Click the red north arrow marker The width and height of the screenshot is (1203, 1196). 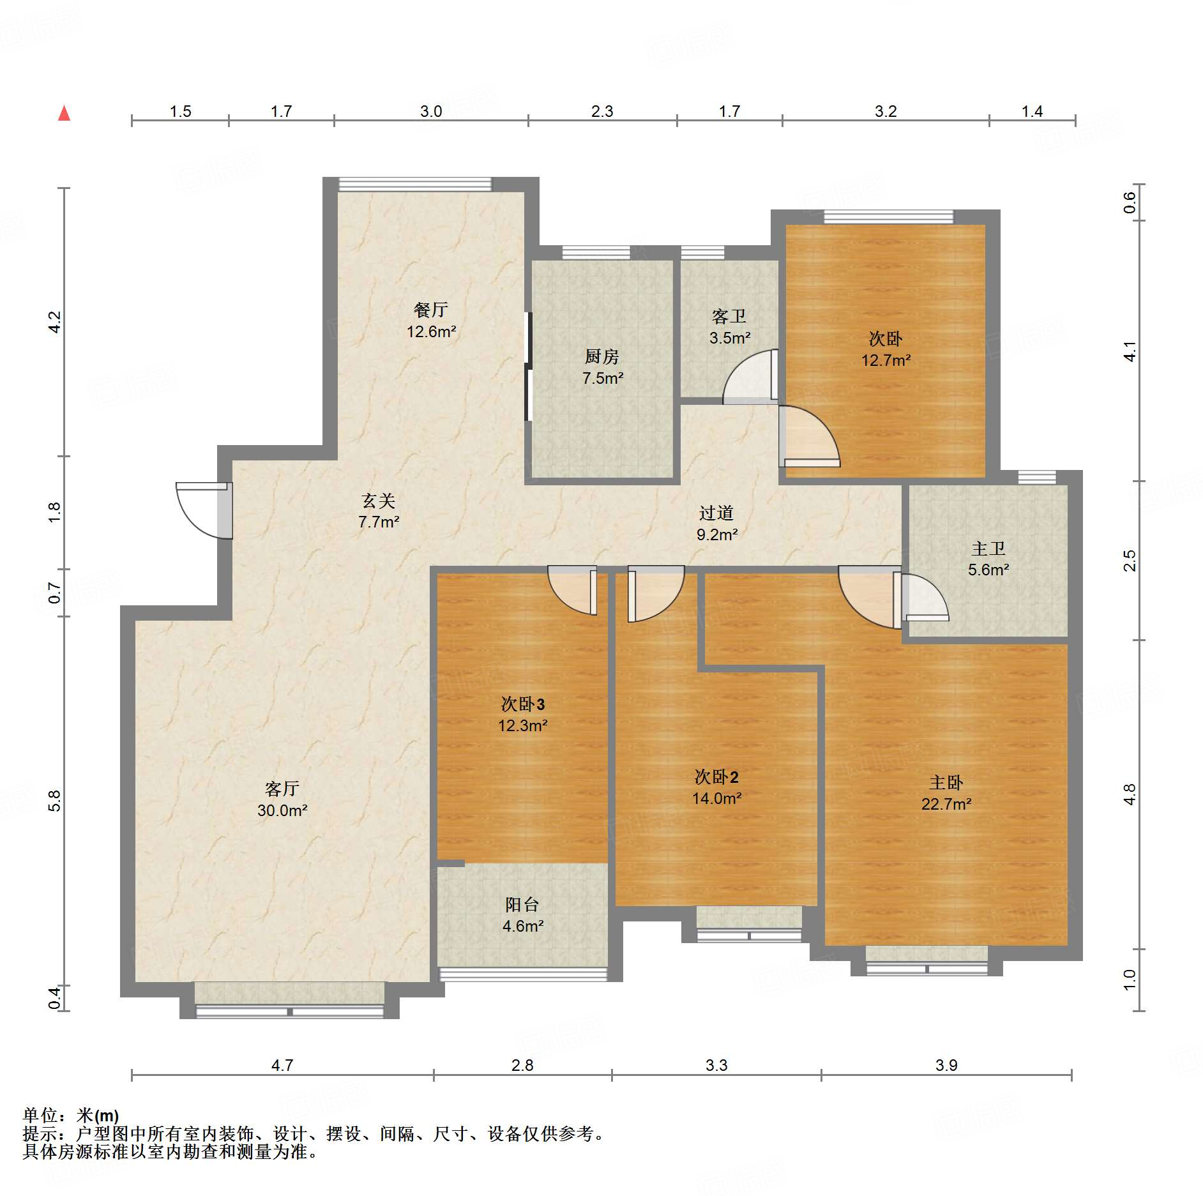(x=64, y=113)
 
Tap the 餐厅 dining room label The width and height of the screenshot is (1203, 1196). (x=431, y=310)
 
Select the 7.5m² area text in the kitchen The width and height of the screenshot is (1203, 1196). (x=603, y=378)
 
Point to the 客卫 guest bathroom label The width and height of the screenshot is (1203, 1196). (x=729, y=317)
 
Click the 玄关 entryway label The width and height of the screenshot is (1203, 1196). (x=379, y=501)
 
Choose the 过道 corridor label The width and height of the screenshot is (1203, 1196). (x=716, y=513)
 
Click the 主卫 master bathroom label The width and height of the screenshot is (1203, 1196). (x=988, y=549)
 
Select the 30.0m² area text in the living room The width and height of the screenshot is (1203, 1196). (x=282, y=810)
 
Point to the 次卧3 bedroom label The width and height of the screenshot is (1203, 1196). (x=523, y=704)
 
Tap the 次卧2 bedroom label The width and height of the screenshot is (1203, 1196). (x=716, y=776)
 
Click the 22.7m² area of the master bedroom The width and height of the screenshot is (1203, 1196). (x=946, y=804)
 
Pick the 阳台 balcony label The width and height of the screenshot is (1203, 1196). (x=522, y=904)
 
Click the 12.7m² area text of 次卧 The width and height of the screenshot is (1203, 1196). (x=886, y=360)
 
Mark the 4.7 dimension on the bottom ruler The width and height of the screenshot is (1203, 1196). (x=282, y=1065)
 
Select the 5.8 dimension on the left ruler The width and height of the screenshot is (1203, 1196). (x=55, y=801)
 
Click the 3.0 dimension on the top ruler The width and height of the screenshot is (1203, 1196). (x=431, y=111)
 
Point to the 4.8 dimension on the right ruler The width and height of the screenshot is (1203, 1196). (x=1130, y=794)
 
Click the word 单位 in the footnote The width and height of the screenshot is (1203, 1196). (x=40, y=1116)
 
